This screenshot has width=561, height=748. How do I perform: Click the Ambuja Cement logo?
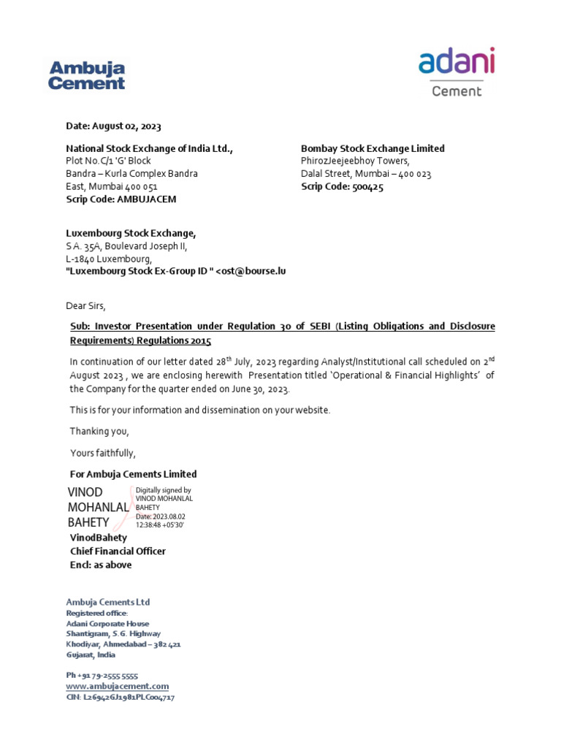[x=86, y=75]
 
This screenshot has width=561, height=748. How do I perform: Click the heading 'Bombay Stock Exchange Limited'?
[x=373, y=148]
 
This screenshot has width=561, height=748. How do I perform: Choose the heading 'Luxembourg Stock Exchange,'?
[x=131, y=233]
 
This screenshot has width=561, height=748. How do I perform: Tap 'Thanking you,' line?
[x=99, y=432]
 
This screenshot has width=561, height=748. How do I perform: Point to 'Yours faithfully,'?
[x=103, y=453]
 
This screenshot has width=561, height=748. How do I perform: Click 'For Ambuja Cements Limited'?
[x=133, y=474]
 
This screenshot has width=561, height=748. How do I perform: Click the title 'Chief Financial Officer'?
[x=118, y=551]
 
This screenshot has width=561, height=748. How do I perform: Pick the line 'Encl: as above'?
[x=101, y=564]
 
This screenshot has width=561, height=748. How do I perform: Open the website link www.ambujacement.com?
[x=117, y=687]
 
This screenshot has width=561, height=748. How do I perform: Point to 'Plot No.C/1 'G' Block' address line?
[x=108, y=161]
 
